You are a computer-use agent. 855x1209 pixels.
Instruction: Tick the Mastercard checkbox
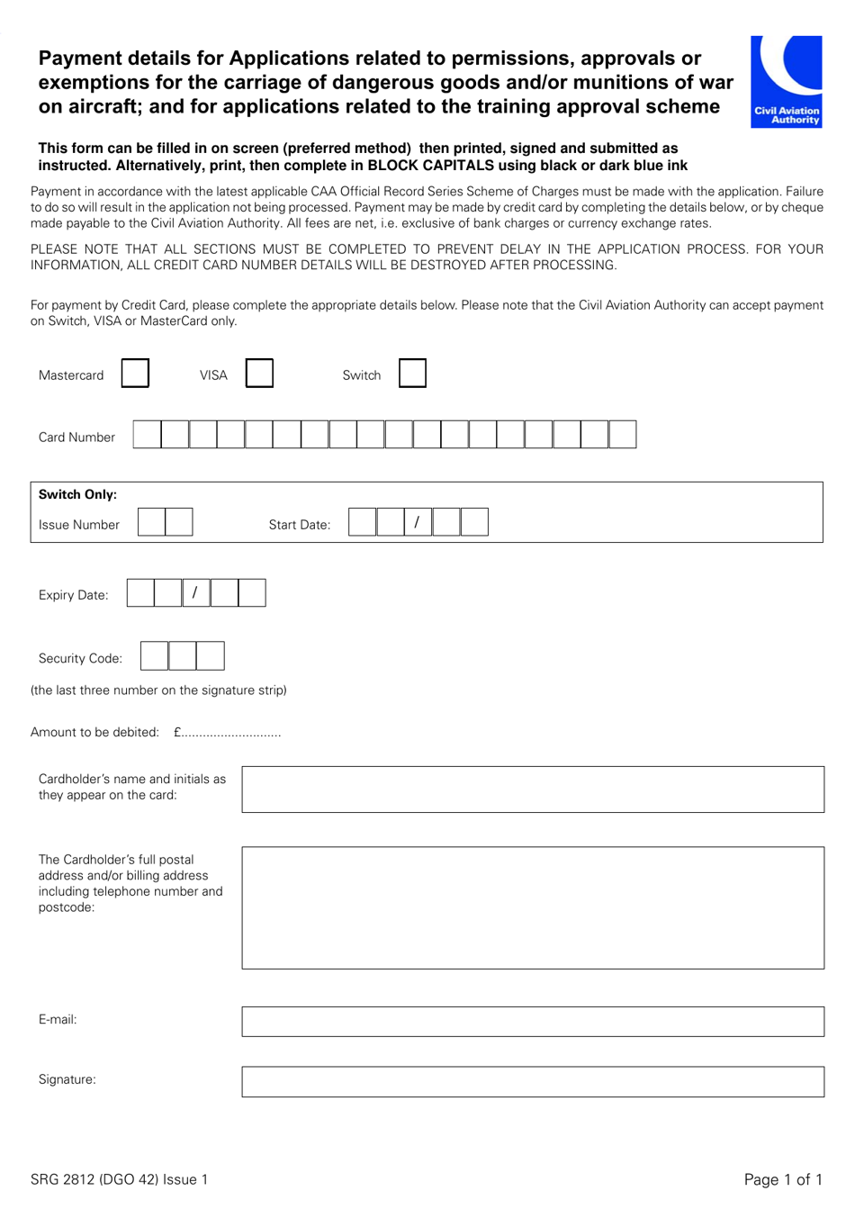coord(135,374)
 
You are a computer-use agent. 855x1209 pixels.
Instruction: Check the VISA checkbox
coord(259,374)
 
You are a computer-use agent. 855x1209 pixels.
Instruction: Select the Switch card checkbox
coord(412,374)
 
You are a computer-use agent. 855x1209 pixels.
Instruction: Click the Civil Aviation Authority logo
coord(787,81)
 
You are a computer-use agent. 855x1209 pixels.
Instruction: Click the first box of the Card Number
coord(147,435)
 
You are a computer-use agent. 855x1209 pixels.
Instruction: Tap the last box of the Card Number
coord(623,435)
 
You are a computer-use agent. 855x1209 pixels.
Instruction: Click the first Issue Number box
coord(151,522)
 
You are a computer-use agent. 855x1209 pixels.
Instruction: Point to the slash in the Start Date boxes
coord(417,522)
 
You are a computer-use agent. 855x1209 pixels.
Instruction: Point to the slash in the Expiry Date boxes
coord(195,593)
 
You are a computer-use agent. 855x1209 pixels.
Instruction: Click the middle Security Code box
coord(183,656)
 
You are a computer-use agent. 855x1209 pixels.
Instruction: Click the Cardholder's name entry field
coord(533,789)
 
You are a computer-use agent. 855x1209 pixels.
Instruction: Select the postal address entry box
coord(533,907)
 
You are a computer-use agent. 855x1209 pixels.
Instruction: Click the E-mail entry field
coord(533,1022)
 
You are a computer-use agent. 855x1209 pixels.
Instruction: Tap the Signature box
coord(533,1082)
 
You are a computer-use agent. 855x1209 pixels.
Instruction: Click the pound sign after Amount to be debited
coord(178,733)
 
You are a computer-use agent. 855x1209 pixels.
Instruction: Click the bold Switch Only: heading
coord(77,494)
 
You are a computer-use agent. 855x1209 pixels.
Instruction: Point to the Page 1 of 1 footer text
coord(783,1179)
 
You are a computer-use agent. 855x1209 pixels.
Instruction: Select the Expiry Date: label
coord(73,595)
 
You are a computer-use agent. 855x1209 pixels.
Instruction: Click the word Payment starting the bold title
coord(80,59)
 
